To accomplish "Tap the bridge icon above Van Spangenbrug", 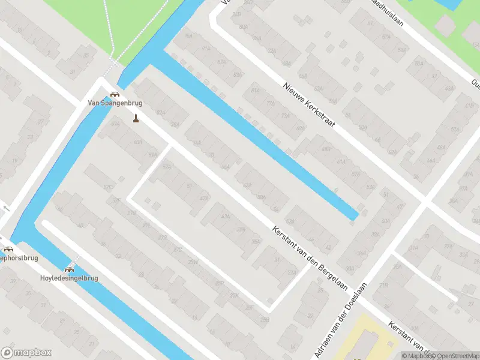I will click(115, 94).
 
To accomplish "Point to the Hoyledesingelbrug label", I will click(68, 278).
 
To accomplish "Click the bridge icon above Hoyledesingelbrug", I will click(69, 269).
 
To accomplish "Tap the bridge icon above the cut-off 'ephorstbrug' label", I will click(8, 250).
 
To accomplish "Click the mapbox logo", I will click(25, 352).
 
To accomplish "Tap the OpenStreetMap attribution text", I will click(454, 356).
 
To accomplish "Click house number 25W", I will click(193, 262).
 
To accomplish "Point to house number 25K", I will click(234, 295).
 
